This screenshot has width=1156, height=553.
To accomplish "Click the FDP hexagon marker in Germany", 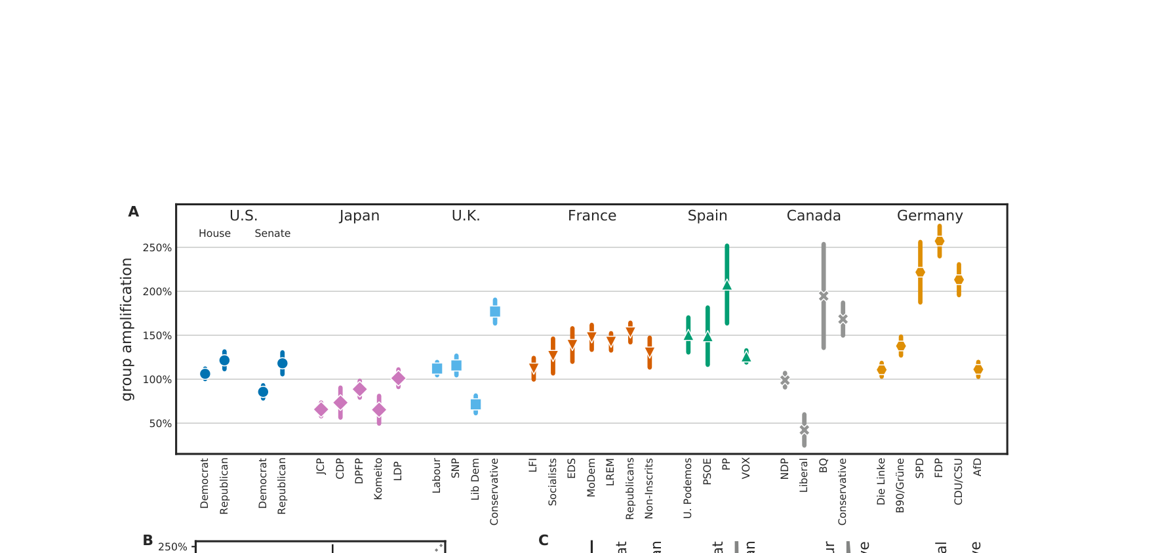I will [x=939, y=241].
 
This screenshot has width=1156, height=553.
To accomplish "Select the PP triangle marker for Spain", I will [x=727, y=285].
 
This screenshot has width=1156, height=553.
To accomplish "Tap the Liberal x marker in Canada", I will [x=804, y=430].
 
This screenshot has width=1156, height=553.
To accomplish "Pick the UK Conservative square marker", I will [x=495, y=312].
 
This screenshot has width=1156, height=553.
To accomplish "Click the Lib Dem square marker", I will [x=475, y=404].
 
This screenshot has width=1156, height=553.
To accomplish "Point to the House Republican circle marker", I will [x=224, y=360].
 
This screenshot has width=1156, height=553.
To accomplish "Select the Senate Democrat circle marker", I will [x=263, y=392].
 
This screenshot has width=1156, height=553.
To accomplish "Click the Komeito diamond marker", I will [x=379, y=410].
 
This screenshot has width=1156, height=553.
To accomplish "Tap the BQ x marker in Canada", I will [x=824, y=296].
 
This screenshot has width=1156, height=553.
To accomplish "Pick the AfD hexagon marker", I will [x=978, y=369].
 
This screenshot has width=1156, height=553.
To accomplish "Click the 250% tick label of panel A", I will [x=157, y=248].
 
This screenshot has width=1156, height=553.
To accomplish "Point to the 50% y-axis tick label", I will [x=160, y=424].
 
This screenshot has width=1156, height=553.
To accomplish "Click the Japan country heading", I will [x=359, y=216].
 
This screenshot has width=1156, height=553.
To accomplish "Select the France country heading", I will [x=591, y=216].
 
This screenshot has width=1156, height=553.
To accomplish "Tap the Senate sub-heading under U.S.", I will [x=272, y=234].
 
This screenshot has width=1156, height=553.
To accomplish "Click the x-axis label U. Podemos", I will [x=688, y=488].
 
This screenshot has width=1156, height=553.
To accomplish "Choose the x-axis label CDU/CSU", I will [x=959, y=481].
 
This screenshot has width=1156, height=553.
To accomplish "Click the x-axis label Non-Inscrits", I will [x=649, y=488].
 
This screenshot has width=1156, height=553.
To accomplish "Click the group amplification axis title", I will [x=127, y=329].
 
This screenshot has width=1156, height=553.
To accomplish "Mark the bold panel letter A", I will [x=134, y=212].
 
